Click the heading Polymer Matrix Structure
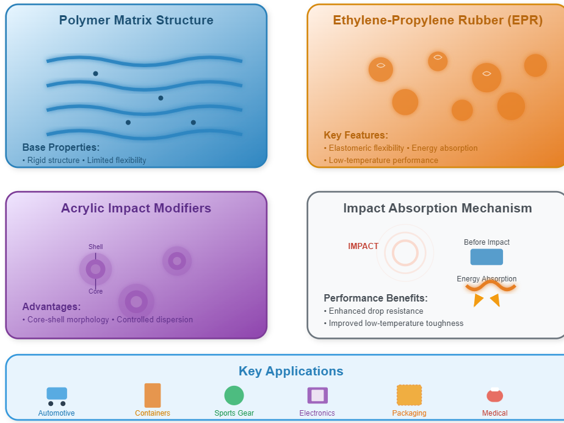pyautogui.click(x=136, y=20)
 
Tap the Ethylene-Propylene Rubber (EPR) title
pyautogui.click(x=438, y=20)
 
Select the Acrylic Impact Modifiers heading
pyautogui.click(x=136, y=208)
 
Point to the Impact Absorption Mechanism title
pyautogui.click(x=438, y=208)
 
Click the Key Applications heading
pyautogui.click(x=291, y=371)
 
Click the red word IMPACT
pyautogui.click(x=363, y=246)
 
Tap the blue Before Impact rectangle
pyautogui.click(x=486, y=257)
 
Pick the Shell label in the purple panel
pyautogui.click(x=96, y=247)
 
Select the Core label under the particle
pyautogui.click(x=96, y=291)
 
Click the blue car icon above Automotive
pyautogui.click(x=57, y=394)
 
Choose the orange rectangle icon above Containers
pyautogui.click(x=153, y=395)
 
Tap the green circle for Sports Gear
pyautogui.click(x=234, y=396)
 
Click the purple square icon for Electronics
pyautogui.click(x=317, y=395)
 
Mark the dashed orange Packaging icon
pyautogui.click(x=409, y=395)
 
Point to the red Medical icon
pyautogui.click(x=494, y=396)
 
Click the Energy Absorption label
pyautogui.click(x=486, y=279)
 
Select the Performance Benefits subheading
pyautogui.click(x=375, y=298)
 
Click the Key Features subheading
pyautogui.click(x=356, y=136)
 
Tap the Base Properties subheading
pyautogui.click(x=61, y=148)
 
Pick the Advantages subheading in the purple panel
pyautogui.click(x=51, y=306)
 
